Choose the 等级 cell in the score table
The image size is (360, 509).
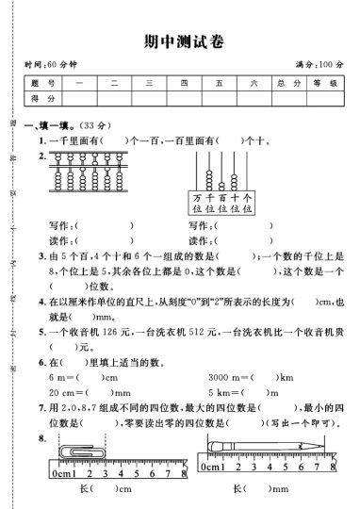pyautogui.click(x=323, y=83)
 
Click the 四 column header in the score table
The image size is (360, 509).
pyautogui.click(x=184, y=83)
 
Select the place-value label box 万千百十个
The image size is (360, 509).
pyautogui.click(x=222, y=203)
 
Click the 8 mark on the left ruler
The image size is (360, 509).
pyautogui.click(x=154, y=470)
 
